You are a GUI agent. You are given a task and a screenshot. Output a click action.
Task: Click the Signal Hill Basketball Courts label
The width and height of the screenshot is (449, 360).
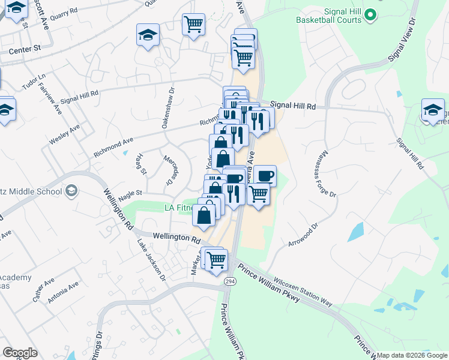[330, 15]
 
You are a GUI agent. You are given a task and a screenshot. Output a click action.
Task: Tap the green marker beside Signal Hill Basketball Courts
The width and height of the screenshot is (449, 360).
[371, 14]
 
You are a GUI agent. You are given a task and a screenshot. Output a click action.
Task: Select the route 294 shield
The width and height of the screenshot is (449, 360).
[230, 280]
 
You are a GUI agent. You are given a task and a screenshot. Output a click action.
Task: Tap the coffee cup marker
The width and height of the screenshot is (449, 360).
[265, 175]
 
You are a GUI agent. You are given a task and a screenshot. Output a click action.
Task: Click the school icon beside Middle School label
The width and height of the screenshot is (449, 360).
[72, 191]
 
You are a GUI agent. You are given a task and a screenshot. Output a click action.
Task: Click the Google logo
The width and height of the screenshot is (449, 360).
[20, 353]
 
